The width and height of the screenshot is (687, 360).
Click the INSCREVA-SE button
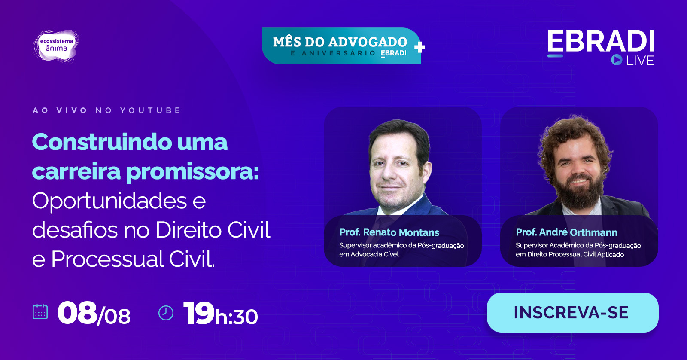573,312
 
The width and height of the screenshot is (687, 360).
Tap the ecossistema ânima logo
56,46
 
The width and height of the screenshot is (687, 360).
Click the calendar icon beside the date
40,312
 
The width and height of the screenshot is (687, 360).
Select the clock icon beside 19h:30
166,313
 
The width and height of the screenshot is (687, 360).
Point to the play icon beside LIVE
617,60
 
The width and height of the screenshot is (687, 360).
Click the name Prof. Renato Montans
389,232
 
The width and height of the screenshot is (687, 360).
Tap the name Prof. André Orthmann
566,232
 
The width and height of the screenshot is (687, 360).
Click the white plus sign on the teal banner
419,47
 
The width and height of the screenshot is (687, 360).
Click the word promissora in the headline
192,172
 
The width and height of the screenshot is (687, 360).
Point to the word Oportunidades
109,201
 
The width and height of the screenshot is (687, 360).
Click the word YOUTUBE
150,110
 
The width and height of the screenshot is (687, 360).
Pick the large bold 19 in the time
198,313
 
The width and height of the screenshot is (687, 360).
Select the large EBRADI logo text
601,41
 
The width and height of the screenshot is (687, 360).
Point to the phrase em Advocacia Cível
369,254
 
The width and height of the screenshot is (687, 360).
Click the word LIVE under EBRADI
640,61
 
